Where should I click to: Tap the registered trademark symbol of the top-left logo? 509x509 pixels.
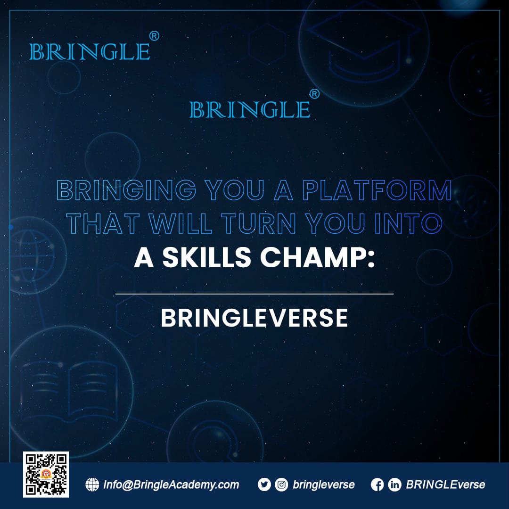(x=154, y=36)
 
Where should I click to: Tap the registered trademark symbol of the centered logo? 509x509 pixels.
(x=314, y=94)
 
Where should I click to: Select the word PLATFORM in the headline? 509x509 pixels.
(x=377, y=190)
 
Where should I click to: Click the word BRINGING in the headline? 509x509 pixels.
(x=127, y=190)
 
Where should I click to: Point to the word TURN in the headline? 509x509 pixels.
(x=259, y=223)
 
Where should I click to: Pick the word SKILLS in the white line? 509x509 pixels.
(x=207, y=257)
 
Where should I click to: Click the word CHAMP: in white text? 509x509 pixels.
(x=318, y=257)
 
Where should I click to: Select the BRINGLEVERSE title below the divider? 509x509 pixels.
(x=254, y=318)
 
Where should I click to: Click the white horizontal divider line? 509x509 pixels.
(x=254, y=294)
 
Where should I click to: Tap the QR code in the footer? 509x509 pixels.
(x=46, y=474)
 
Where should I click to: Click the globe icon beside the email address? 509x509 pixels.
(x=92, y=484)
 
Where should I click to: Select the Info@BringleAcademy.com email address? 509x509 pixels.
(x=171, y=485)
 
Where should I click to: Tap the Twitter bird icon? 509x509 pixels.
(x=264, y=484)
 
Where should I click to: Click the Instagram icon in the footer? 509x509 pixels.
(x=281, y=484)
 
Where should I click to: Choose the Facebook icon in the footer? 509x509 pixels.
(x=377, y=485)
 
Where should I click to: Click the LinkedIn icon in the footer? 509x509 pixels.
(x=395, y=485)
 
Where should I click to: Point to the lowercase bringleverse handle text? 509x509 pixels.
(x=324, y=485)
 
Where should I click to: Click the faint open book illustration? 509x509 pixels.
(x=69, y=391)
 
